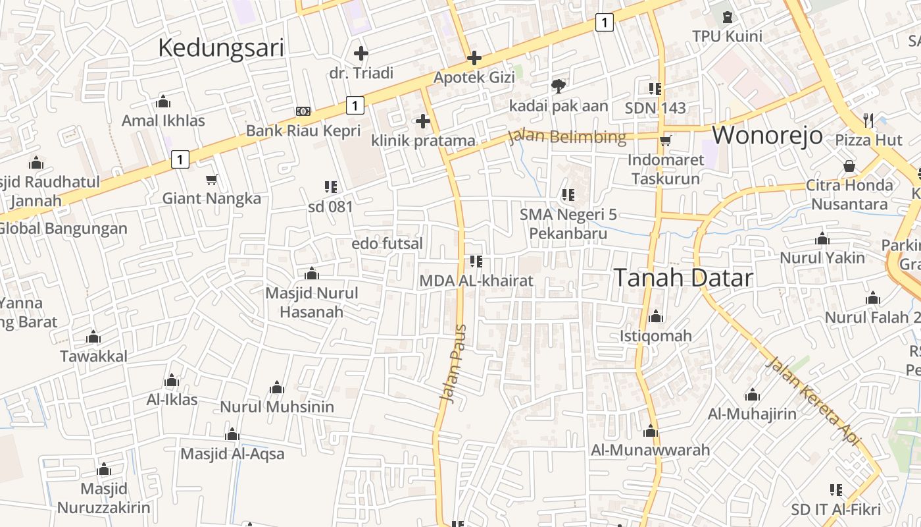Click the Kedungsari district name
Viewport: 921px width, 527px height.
coord(221,48)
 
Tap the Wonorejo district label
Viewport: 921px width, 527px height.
coord(767,135)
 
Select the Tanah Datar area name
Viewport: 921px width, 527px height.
coord(683,277)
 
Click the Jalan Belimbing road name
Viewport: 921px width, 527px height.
coord(566,137)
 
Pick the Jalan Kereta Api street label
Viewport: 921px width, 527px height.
coord(813,401)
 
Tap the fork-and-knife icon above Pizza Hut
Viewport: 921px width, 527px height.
coord(868,120)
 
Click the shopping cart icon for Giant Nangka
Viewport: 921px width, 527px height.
coord(212,179)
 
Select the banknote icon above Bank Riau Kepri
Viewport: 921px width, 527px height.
coord(303,111)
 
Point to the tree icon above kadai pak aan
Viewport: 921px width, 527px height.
coord(558,86)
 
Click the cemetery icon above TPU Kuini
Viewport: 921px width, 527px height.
coord(728,16)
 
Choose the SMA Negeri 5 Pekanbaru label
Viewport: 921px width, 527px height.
coord(568,224)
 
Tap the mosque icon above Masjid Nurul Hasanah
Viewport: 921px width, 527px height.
coord(312,273)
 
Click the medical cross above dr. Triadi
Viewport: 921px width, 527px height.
coord(361,53)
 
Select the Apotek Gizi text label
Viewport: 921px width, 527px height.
coord(474,77)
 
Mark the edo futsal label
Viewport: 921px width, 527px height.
coord(387,244)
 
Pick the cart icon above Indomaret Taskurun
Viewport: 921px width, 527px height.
coord(665,140)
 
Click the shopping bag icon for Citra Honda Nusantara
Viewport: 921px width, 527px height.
coord(849,166)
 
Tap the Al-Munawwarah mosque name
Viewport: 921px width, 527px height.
coord(651,450)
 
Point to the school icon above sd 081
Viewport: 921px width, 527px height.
coord(331,187)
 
